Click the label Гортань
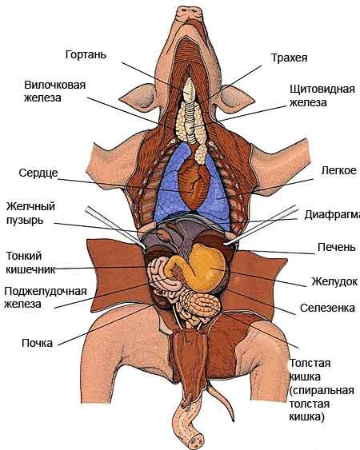pos(86,54)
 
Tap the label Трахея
pos(289,58)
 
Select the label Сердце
pos(38,173)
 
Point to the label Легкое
pos(338,170)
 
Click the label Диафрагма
pos(333,214)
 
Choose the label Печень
pos(337,247)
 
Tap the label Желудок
pos(334,281)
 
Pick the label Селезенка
pos(327,308)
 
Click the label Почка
pos(38,343)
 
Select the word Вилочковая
pos(55,85)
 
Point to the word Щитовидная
pos(322,89)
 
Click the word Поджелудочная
pos(46,291)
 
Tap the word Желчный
pos(30,206)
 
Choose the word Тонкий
pos(24,256)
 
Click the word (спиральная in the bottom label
pos(322,391)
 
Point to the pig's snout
pos(190,13)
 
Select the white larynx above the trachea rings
pos(190,90)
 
